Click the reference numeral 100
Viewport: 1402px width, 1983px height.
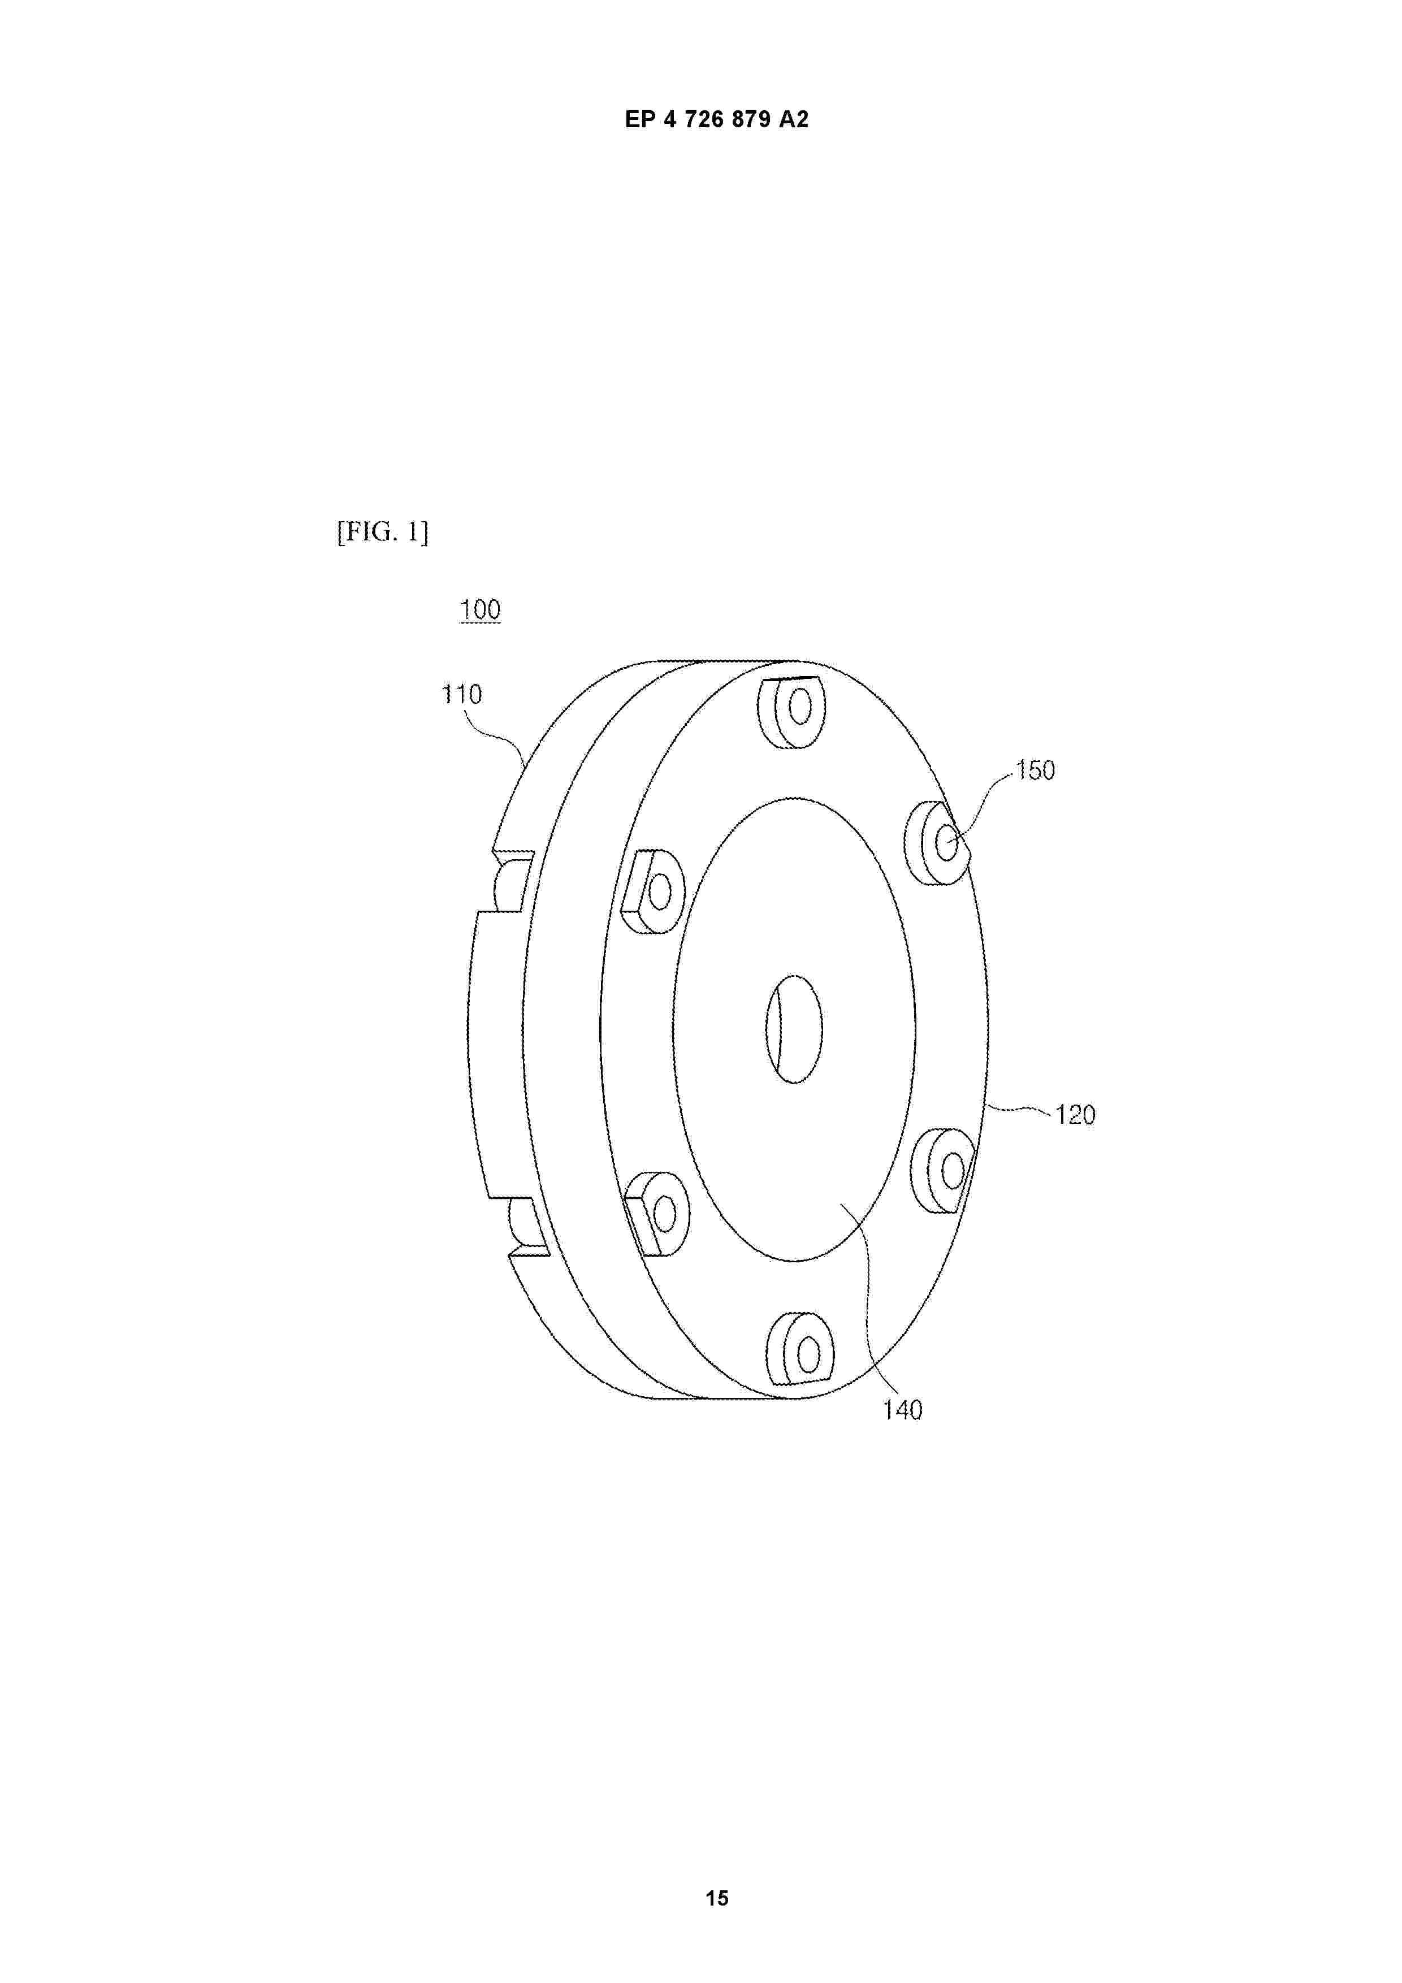[481, 610]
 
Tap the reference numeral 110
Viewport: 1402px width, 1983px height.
[462, 694]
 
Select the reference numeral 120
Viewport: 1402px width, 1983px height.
[1075, 1115]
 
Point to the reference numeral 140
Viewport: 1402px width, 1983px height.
[903, 1410]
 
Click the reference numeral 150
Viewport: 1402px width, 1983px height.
[1035, 770]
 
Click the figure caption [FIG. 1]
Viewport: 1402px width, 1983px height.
[383, 532]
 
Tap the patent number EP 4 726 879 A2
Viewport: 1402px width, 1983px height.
[717, 120]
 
